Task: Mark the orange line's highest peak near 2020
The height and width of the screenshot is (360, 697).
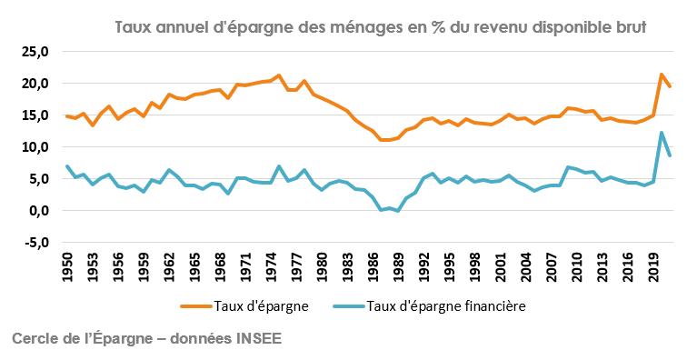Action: [662, 75]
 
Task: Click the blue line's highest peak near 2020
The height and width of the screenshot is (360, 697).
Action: [662, 133]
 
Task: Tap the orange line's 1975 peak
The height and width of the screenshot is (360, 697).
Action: [279, 75]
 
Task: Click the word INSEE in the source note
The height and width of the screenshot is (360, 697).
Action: [260, 338]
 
